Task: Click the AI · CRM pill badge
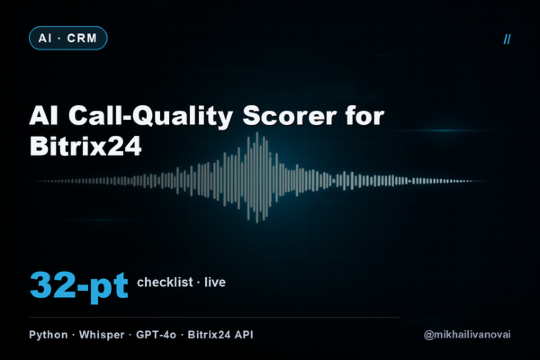pos(68,38)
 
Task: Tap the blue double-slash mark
pos(507,39)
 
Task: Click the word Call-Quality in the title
pos(151,116)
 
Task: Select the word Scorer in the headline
pos(289,116)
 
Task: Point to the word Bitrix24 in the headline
pos(85,146)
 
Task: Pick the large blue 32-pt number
pos(79,287)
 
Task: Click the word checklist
pos(165,282)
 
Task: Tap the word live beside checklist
pos(215,282)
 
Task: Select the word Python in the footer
pos(48,335)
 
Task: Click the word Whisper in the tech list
pos(102,335)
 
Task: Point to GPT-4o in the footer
pos(156,335)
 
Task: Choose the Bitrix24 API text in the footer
pos(220,335)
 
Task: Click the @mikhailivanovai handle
pos(467,335)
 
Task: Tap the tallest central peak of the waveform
pos(257,177)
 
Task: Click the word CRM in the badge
pos(82,38)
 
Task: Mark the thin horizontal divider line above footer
pos(214,317)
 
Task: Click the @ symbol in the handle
pos(428,335)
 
